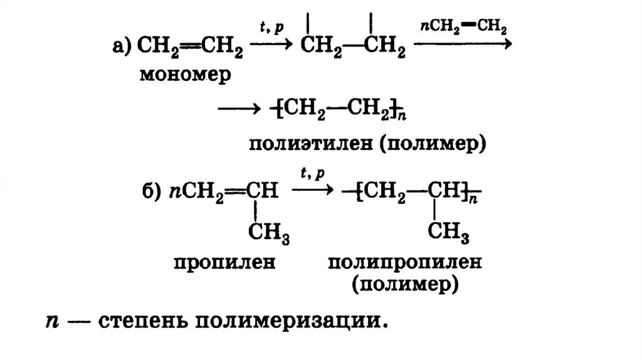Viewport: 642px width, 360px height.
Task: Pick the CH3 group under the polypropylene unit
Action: (449, 234)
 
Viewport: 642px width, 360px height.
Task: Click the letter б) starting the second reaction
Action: (152, 192)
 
